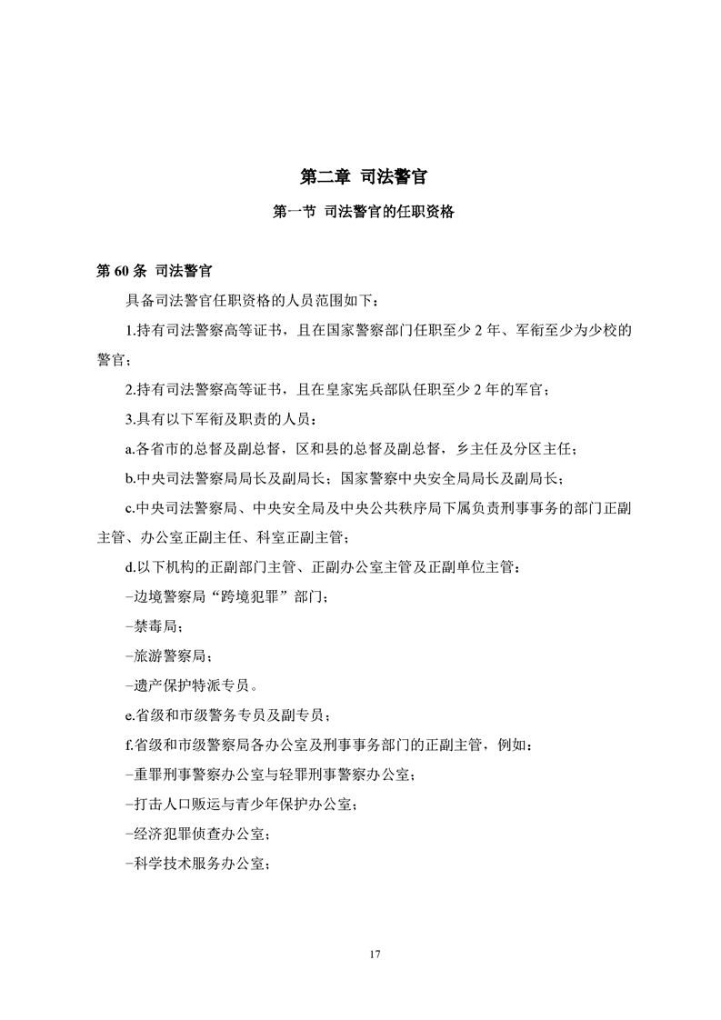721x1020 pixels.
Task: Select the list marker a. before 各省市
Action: click(129, 449)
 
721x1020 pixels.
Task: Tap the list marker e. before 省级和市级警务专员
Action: click(129, 715)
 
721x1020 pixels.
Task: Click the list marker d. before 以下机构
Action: click(130, 567)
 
